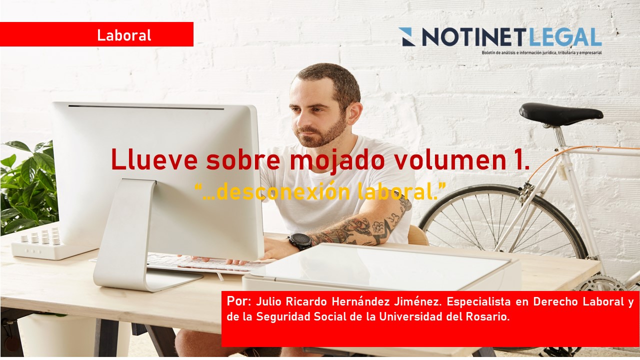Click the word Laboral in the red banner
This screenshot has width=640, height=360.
click(124, 35)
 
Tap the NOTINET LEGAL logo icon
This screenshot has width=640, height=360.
click(407, 37)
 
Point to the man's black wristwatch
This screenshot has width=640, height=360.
click(300, 241)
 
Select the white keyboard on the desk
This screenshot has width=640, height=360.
click(200, 262)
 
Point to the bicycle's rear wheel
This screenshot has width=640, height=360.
click(500, 220)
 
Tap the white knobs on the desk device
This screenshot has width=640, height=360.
click(40, 237)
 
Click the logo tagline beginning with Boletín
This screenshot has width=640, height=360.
click(541, 52)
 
